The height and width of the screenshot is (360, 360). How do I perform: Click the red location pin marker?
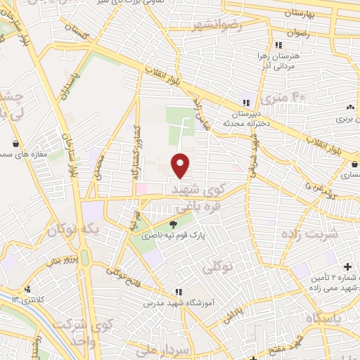coord(181,165)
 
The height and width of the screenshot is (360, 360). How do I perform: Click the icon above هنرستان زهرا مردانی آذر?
coord(279,44)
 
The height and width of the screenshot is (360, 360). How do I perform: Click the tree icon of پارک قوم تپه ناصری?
coord(173,224)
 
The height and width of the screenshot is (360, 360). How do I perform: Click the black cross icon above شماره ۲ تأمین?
coord(347,267)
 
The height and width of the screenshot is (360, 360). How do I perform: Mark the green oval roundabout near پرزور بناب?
coord(85,258)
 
